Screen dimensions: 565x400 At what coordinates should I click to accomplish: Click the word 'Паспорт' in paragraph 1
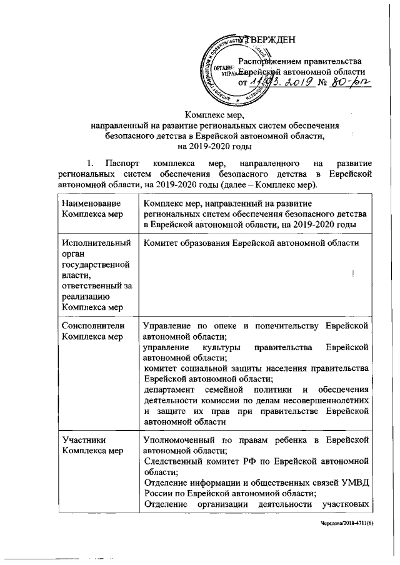[x=122, y=164]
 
